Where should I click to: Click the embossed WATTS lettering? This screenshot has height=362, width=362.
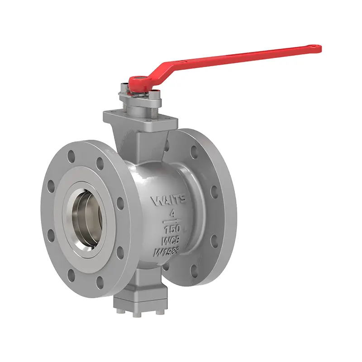(x=171, y=200)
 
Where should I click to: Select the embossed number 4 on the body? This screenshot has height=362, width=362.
(x=171, y=212)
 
